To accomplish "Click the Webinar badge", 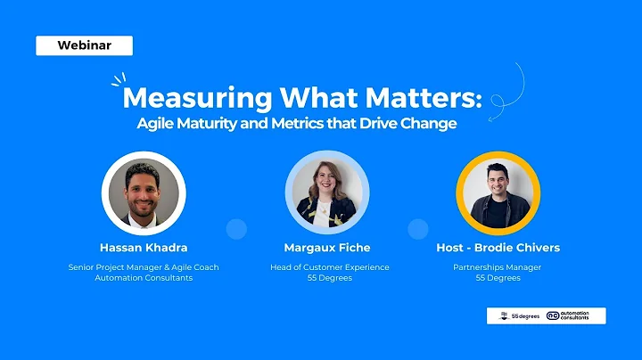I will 84,45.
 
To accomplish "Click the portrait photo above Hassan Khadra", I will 143,192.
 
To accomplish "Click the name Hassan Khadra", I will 143,247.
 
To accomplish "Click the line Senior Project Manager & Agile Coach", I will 143,267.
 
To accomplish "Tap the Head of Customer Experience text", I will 329,267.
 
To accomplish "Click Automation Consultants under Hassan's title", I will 143,278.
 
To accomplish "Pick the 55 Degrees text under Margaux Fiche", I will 329,278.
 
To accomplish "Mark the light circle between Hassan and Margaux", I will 235,229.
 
